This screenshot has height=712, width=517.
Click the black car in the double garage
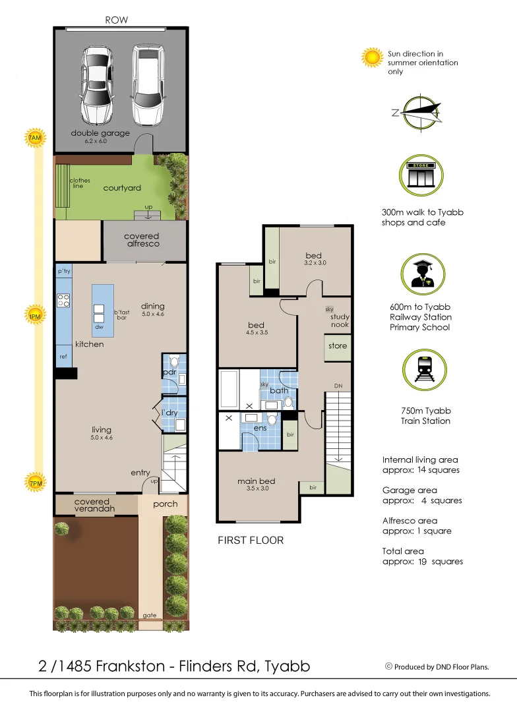97,84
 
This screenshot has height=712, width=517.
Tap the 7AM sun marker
34,138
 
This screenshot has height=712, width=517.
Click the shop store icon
419,174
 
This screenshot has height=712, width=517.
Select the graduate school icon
420,274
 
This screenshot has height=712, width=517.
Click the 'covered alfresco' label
142,240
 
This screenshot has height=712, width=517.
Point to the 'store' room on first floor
337,346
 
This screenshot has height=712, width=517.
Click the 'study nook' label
340,321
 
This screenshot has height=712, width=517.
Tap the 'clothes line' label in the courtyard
80,183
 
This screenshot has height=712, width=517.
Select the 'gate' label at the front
150,616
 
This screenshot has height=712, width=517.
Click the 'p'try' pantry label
64,271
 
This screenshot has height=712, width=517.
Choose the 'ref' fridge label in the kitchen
63,357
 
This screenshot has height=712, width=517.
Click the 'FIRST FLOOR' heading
251,541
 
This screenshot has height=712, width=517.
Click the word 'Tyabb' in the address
287,666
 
